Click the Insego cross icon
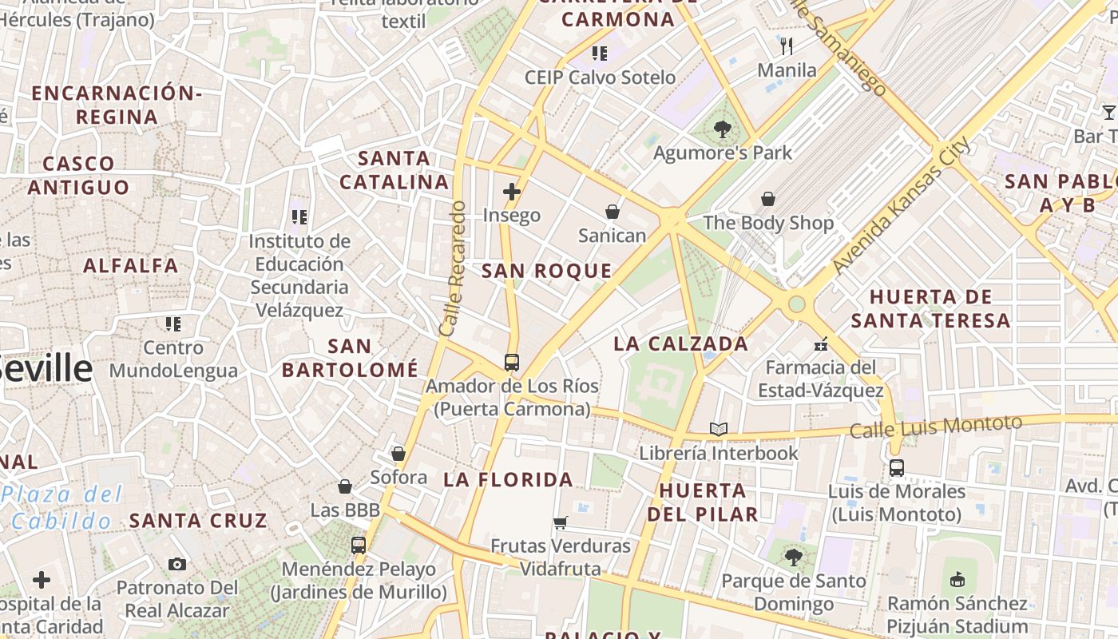pos(512,192)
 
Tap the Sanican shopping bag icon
pos(613,212)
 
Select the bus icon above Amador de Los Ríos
pos(512,363)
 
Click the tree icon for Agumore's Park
pos(723,128)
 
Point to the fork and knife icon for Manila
pos(787,46)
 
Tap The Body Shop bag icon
pos(768,199)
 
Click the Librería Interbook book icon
pos(719,429)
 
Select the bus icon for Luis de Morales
pos(897,468)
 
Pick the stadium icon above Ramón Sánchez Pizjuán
pos(958,578)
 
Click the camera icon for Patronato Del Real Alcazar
pos(177,564)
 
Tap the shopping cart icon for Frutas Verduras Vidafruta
pos(560,522)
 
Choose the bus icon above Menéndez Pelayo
pos(359,546)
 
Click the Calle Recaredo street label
pos(451,268)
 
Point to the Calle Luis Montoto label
pos(935,427)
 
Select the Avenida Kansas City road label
pos(902,205)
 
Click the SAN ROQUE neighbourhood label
pos(546,271)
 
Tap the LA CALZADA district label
pos(681,343)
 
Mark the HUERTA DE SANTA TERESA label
pos(930,309)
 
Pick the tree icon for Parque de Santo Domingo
pos(793,556)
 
